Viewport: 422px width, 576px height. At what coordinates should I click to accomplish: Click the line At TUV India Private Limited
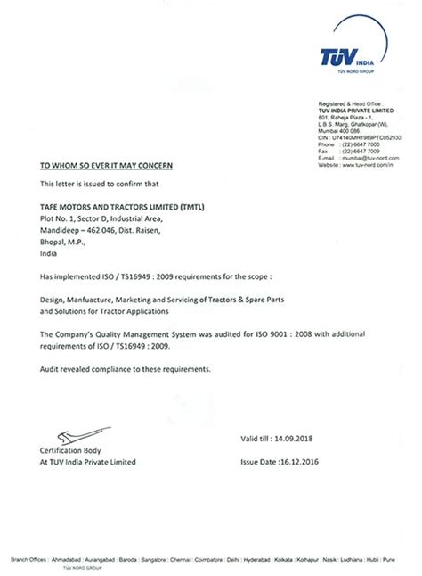[87, 462]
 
